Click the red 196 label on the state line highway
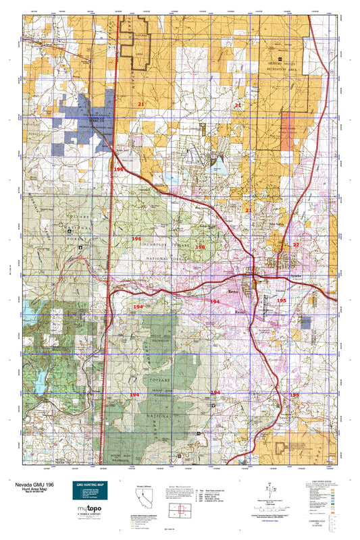click(x=118, y=169)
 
